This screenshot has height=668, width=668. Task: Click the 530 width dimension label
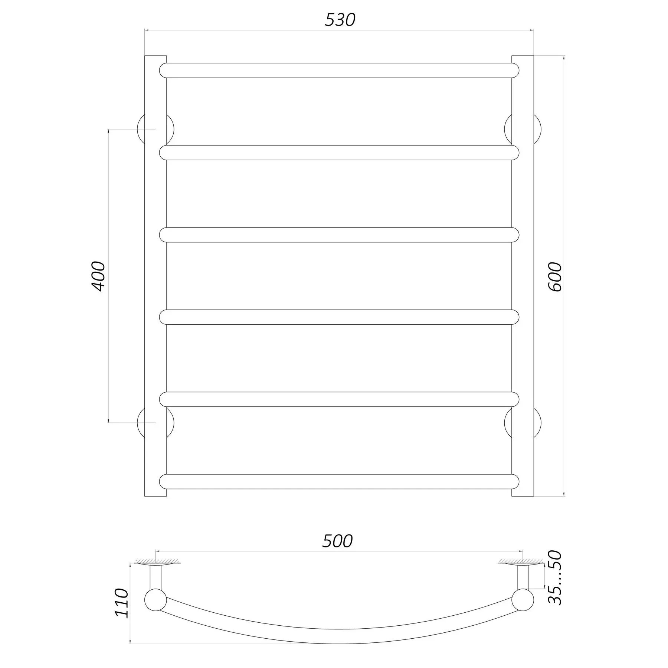coord(340,20)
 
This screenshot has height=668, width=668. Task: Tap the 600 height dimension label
coord(555,276)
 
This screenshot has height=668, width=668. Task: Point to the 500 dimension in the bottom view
coord(337,541)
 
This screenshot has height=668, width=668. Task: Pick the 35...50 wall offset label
coord(555,583)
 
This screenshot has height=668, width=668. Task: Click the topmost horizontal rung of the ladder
coord(339,71)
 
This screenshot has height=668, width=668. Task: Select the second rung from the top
coord(339,153)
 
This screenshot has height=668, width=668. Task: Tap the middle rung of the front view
coord(339,235)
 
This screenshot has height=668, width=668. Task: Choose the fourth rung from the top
coord(339,317)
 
